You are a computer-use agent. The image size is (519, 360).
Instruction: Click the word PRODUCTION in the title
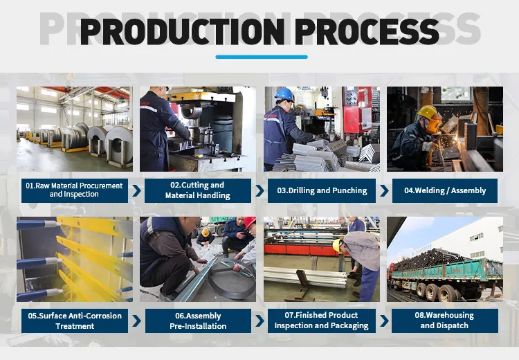click(183, 31)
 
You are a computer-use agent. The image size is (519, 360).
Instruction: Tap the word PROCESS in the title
click(367, 31)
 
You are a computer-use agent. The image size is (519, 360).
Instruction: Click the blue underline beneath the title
click(262, 57)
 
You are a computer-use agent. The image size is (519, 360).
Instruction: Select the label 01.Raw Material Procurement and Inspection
click(75, 190)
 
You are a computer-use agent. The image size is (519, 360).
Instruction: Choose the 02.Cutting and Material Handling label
click(198, 190)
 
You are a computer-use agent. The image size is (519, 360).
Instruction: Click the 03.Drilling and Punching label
click(322, 190)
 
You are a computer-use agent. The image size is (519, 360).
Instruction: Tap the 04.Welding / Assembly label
click(445, 190)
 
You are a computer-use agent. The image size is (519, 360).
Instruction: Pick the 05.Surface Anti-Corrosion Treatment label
click(75, 321)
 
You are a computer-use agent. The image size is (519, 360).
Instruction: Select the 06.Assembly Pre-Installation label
click(198, 321)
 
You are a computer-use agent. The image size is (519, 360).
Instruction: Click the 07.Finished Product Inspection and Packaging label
click(321, 321)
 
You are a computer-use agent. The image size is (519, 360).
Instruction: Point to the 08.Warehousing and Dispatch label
click(444, 321)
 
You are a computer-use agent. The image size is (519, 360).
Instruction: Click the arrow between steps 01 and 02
click(137, 191)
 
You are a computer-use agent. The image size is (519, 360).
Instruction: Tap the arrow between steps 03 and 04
click(384, 191)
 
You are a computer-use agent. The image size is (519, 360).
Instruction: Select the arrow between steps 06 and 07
click(259, 321)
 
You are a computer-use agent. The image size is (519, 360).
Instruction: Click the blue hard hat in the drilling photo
click(284, 95)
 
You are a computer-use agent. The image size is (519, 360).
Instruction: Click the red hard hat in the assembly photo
click(250, 222)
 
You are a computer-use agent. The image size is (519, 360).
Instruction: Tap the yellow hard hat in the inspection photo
click(337, 245)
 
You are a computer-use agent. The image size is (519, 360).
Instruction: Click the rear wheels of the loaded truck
click(436, 291)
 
